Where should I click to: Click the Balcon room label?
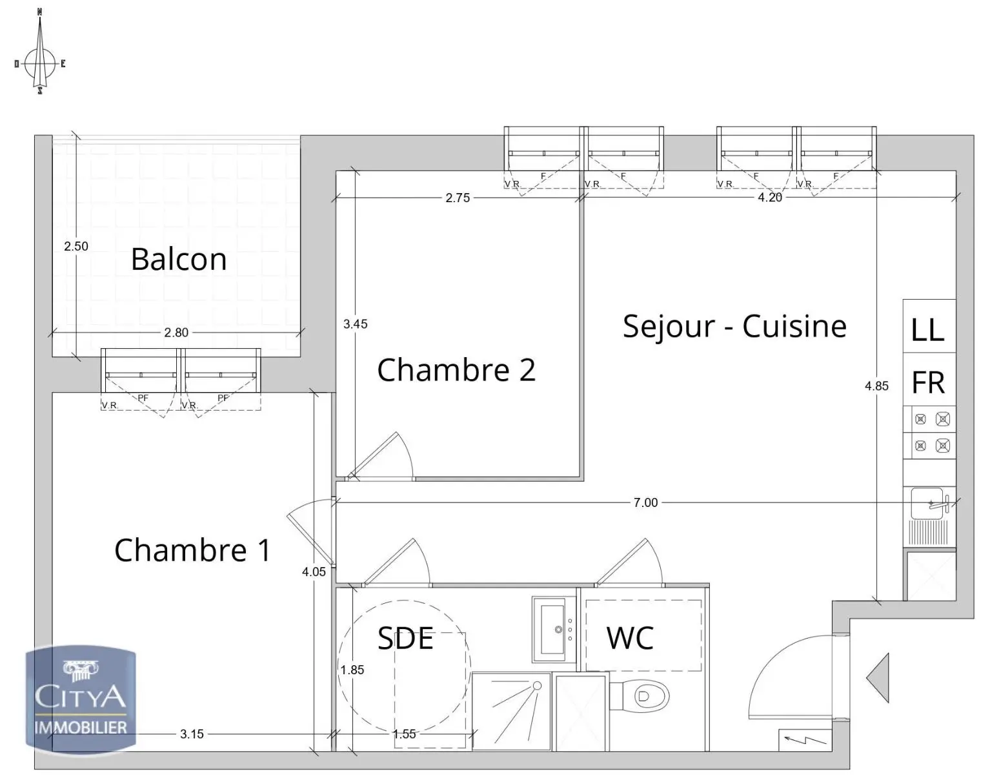point(179,260)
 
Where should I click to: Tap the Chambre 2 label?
point(456,370)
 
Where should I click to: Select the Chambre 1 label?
point(192,550)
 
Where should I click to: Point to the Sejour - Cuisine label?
point(734,326)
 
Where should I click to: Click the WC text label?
point(630,638)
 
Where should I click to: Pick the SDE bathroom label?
point(405,638)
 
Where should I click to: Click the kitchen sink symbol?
point(930,504)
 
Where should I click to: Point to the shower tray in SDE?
point(511,710)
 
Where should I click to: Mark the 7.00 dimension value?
point(645,502)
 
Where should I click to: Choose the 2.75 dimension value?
point(458,198)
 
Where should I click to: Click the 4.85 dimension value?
point(876,386)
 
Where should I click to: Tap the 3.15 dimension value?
point(192,734)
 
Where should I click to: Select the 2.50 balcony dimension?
point(76,246)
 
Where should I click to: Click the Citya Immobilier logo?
point(81,699)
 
